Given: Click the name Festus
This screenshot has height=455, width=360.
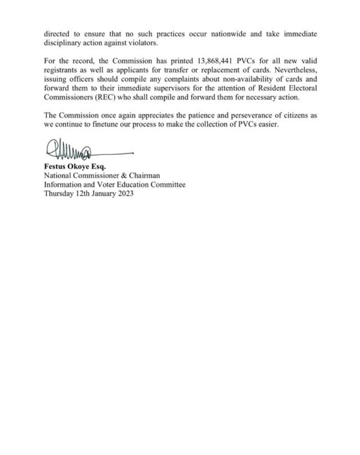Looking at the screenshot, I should (x=56, y=166).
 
